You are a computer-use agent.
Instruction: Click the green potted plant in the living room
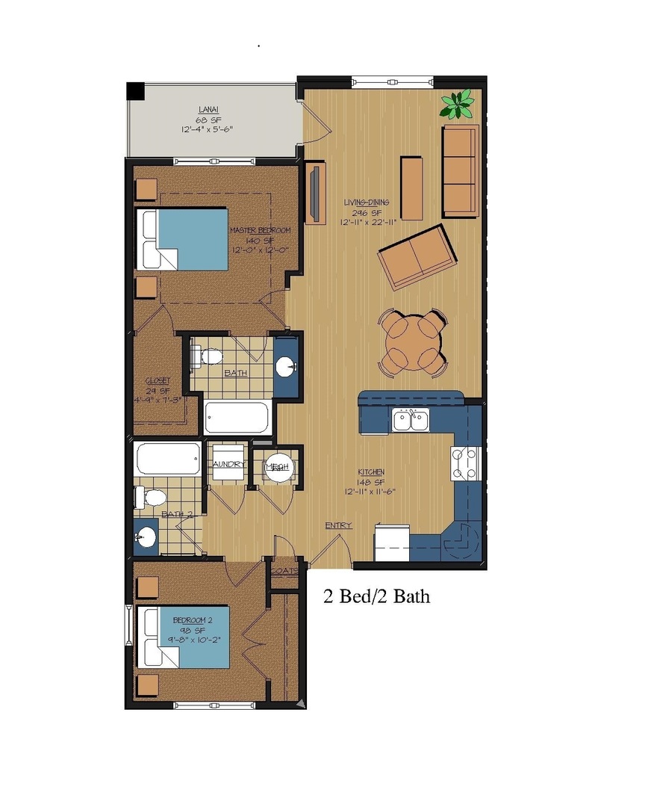456,105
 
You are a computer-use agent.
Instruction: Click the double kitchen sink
411,421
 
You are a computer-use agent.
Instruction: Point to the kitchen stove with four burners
464,463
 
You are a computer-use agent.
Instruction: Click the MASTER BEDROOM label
260,230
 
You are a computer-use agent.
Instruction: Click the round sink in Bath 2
146,537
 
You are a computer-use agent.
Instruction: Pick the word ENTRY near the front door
338,526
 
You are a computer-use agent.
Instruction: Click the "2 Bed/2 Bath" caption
376,596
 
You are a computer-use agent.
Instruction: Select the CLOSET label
158,380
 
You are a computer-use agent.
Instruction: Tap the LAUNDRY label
228,464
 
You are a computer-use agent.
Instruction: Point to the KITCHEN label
371,472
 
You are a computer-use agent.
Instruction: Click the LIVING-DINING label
367,202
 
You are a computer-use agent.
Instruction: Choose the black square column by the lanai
135,90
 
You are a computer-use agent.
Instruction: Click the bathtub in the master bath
237,418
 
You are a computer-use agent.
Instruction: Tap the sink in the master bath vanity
285,366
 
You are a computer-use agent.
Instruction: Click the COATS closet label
284,570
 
